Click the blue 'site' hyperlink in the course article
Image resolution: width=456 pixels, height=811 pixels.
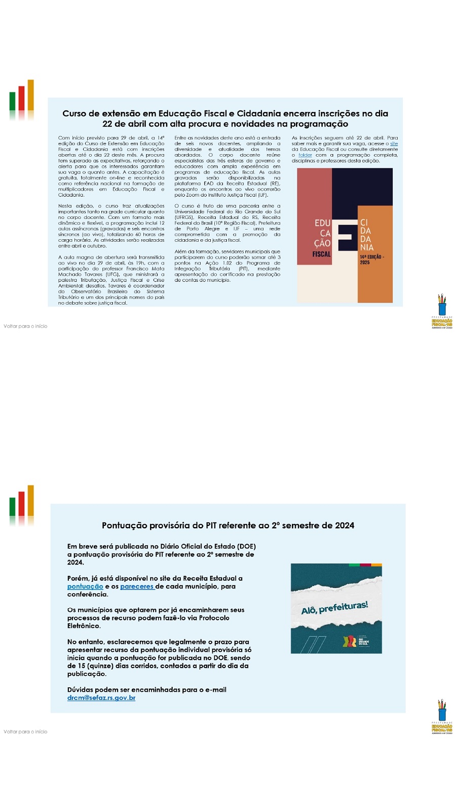394,144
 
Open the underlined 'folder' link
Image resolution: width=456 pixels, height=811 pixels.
305,155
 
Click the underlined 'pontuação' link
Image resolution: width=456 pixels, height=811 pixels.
85,586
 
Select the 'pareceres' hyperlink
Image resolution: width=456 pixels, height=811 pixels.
137,586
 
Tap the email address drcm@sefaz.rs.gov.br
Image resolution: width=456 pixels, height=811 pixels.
101,698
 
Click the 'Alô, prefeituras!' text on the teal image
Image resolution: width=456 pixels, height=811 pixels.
334,607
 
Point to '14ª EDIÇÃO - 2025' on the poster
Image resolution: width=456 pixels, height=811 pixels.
371,260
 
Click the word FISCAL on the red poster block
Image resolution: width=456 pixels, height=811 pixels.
321,254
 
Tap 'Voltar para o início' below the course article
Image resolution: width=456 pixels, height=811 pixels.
25,326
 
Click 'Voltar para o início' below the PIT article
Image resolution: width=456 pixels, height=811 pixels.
25,732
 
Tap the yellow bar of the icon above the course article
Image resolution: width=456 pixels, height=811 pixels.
31,95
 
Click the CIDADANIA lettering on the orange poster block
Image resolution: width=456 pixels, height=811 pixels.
366,235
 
